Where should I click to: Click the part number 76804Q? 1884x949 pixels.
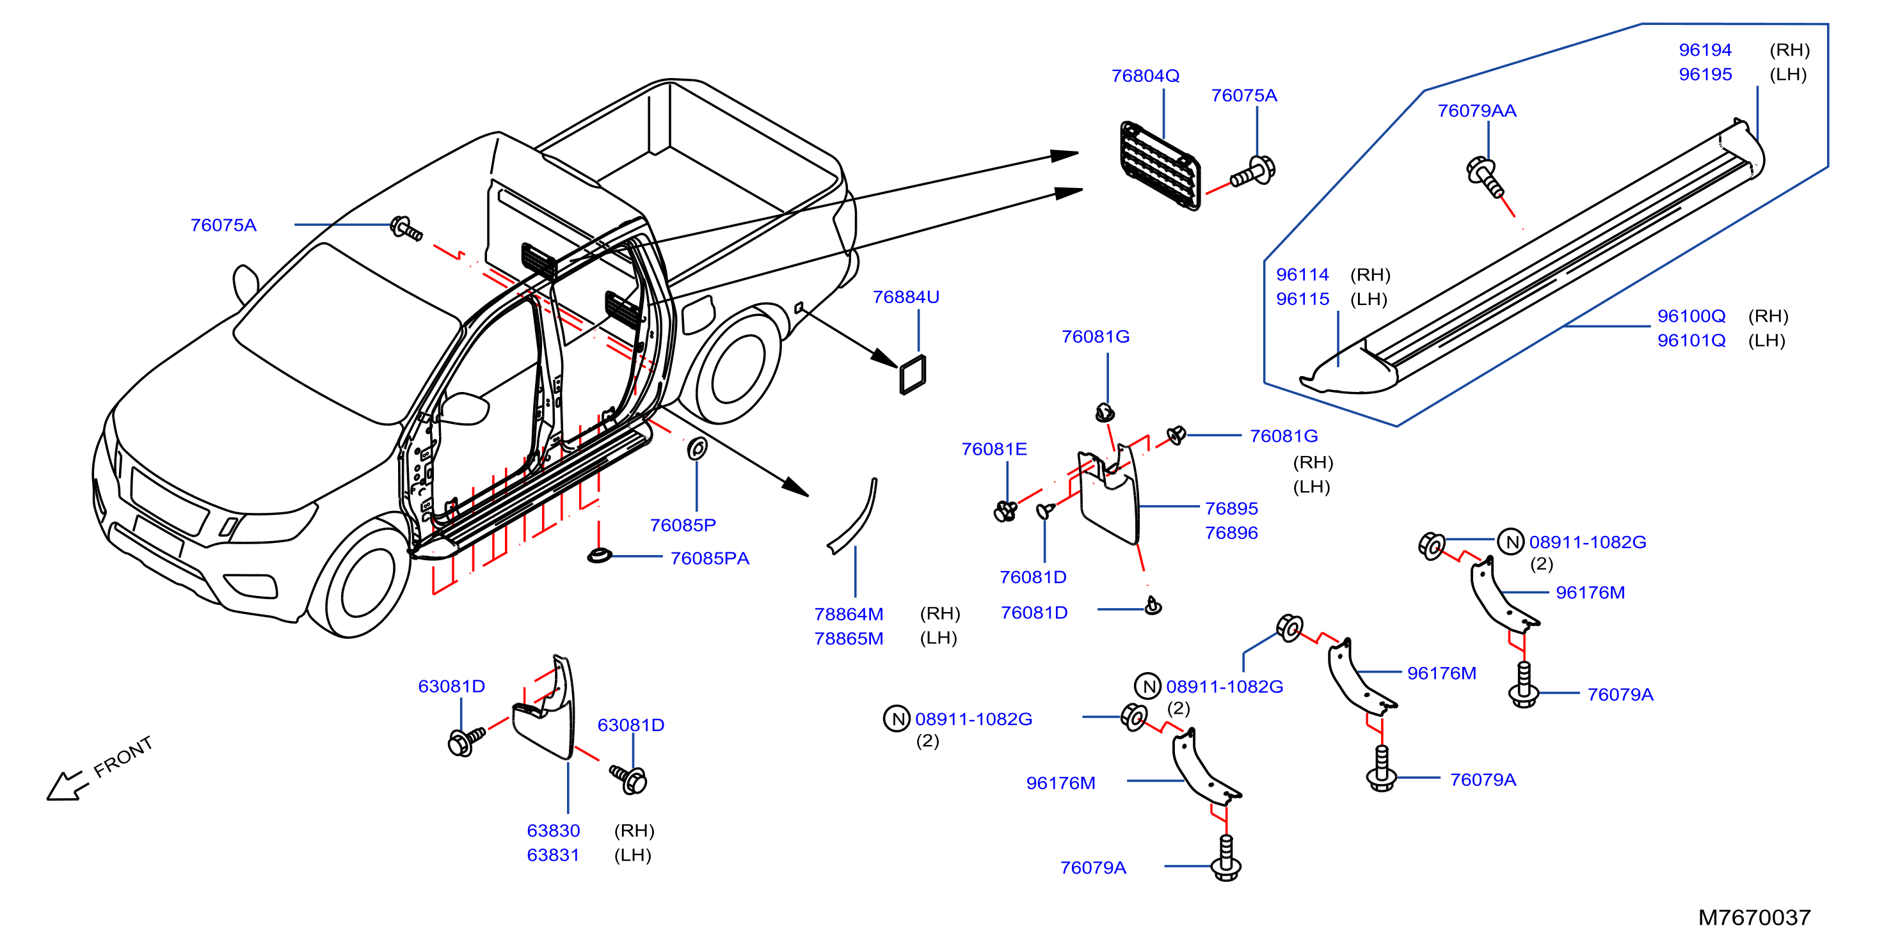point(1146,76)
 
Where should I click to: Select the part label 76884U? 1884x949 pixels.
point(906,297)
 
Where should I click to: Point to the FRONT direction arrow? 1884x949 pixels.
point(66,785)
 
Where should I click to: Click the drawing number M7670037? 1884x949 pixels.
point(1754,917)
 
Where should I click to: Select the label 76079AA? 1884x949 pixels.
point(1476,111)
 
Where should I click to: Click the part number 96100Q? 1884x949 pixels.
point(1691,316)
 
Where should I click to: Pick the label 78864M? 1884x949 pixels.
point(849,614)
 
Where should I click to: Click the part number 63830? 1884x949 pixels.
point(553,831)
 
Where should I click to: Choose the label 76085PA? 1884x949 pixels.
point(710,558)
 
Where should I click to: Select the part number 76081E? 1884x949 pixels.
point(994,449)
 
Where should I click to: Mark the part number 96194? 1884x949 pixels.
point(1705,50)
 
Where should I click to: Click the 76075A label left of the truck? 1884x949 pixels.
point(223,225)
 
